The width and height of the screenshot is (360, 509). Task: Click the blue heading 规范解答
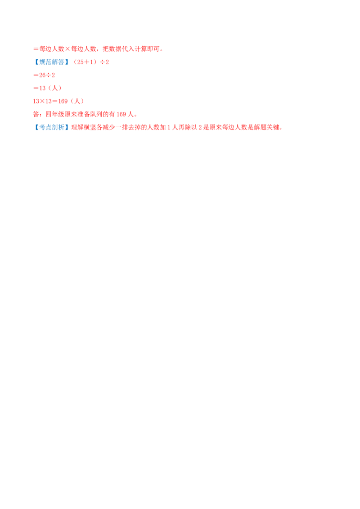(x=52, y=62)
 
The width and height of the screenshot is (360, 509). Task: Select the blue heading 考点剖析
(x=52, y=127)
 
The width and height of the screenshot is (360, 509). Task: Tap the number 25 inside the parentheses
(x=80, y=62)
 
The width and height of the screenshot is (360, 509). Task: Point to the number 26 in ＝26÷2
(x=43, y=75)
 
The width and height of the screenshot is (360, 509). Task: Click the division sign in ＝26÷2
(x=49, y=75)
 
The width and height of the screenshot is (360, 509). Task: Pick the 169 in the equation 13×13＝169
(x=63, y=101)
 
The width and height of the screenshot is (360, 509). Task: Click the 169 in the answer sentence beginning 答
(x=121, y=114)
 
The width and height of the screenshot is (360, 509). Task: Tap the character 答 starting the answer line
(x=36, y=114)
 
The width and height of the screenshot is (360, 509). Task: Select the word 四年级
(x=55, y=114)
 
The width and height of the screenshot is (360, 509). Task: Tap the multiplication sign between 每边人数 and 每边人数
(x=67, y=49)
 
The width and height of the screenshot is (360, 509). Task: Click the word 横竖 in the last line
(x=90, y=127)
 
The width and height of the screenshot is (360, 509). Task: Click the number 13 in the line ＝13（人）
(x=43, y=88)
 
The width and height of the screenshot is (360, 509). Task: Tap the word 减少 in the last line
(x=109, y=127)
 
